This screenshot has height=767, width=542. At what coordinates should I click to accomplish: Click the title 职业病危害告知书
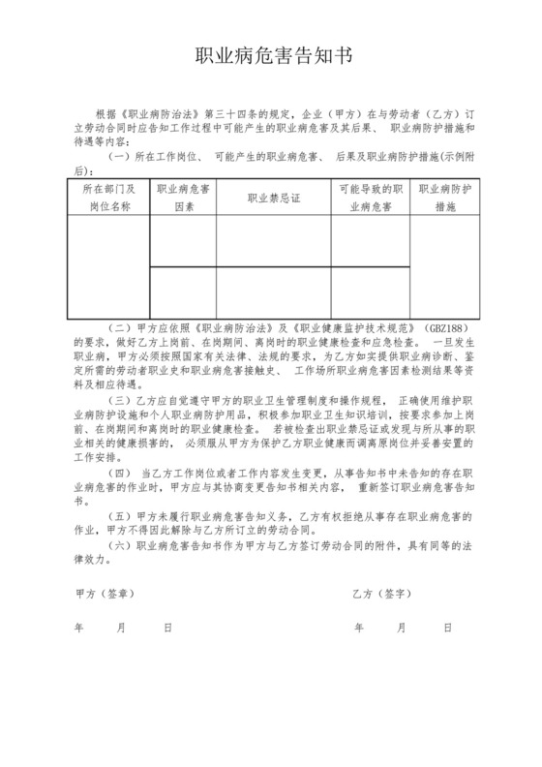(x=271, y=54)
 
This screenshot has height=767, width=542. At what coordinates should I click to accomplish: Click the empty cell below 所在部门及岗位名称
(x=106, y=267)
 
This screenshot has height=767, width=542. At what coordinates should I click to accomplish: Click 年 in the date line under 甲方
(x=78, y=628)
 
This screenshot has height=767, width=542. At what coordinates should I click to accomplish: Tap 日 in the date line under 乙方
(x=446, y=628)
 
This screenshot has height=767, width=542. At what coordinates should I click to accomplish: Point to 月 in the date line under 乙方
(x=401, y=628)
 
